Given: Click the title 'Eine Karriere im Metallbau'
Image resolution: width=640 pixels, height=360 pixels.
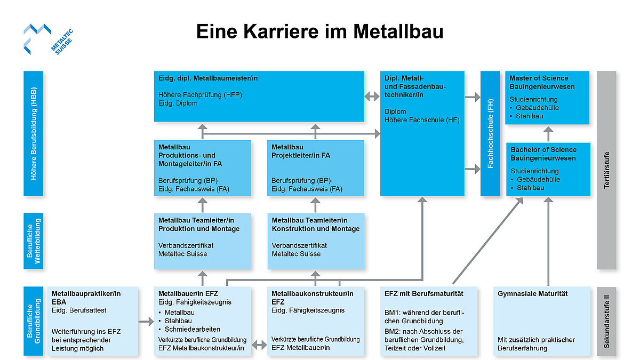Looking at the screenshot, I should pos(319,31).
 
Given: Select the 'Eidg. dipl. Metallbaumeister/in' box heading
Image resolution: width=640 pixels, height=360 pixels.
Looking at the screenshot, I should pos(208,78).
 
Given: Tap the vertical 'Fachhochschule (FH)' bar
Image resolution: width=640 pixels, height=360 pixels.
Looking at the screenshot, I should pos(490,133).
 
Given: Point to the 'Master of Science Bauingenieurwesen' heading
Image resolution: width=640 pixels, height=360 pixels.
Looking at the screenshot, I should pos(539,82).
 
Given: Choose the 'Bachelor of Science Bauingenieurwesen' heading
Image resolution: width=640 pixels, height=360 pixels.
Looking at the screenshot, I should pos(543,154).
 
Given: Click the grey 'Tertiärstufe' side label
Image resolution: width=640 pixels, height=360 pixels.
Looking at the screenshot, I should pos(606,170).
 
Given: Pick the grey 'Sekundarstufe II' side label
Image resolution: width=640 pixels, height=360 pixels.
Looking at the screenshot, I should pos(606,321).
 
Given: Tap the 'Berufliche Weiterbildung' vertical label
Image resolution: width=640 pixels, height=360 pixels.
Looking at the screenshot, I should pos(33,242).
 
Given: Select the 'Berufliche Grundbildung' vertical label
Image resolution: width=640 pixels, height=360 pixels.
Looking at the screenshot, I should pos(33,321).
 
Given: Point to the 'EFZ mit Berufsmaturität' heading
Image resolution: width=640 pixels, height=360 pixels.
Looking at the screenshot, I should pos(423,294).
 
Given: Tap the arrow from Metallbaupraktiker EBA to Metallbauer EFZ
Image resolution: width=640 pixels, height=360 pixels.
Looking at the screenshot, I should pos(146,322).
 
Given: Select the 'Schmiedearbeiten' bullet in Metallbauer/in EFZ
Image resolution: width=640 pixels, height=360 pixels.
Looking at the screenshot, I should pos(193,329).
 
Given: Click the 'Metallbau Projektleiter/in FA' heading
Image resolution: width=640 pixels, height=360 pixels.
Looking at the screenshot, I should pos(301,151).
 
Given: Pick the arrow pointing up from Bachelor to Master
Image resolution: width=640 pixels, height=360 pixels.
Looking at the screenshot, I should pos(548,133).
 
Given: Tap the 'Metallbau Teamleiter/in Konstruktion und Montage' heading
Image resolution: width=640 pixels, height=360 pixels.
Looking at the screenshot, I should pos(316,225).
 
